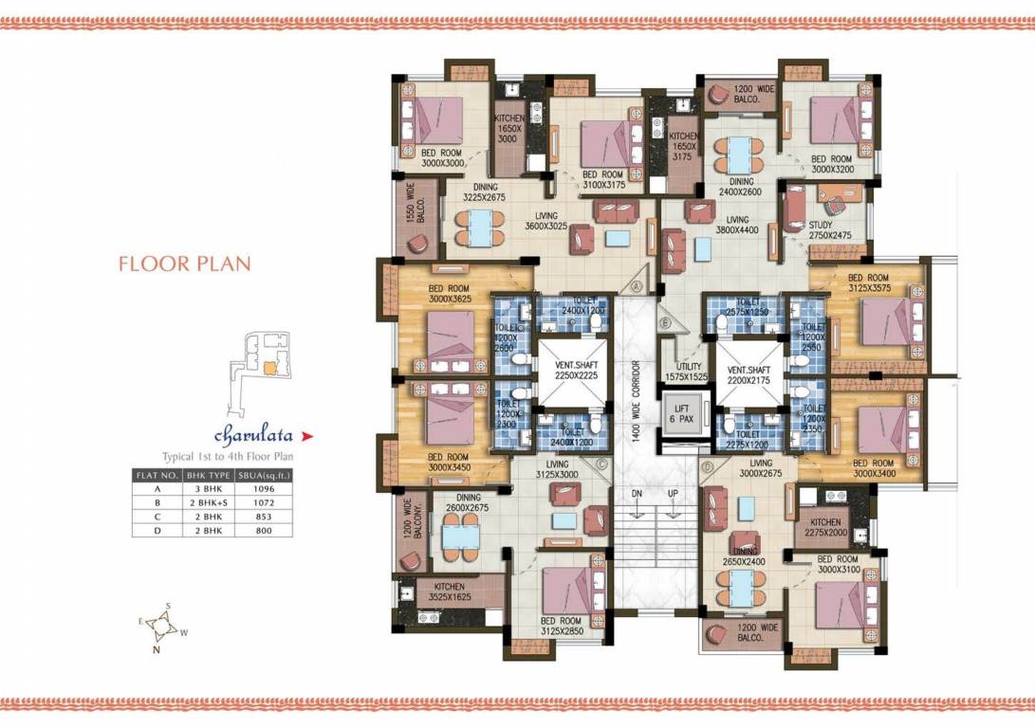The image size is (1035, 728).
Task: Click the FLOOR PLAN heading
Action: coord(185,263)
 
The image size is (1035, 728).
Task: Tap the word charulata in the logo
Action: coord(251,436)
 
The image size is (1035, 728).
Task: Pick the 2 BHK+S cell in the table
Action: coord(208,502)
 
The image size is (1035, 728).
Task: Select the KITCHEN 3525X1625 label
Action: coord(451,592)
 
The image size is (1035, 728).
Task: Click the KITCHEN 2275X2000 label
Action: coord(829,527)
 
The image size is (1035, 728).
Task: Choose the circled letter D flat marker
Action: coord(707,466)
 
